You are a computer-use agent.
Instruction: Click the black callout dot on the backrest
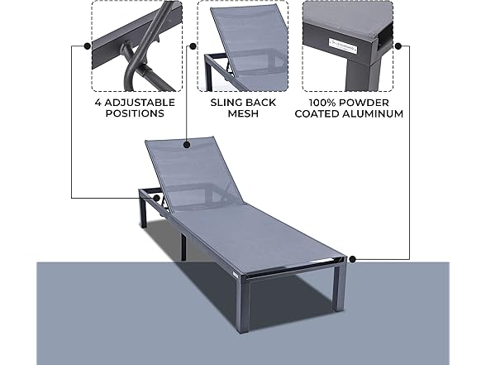(189, 145)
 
